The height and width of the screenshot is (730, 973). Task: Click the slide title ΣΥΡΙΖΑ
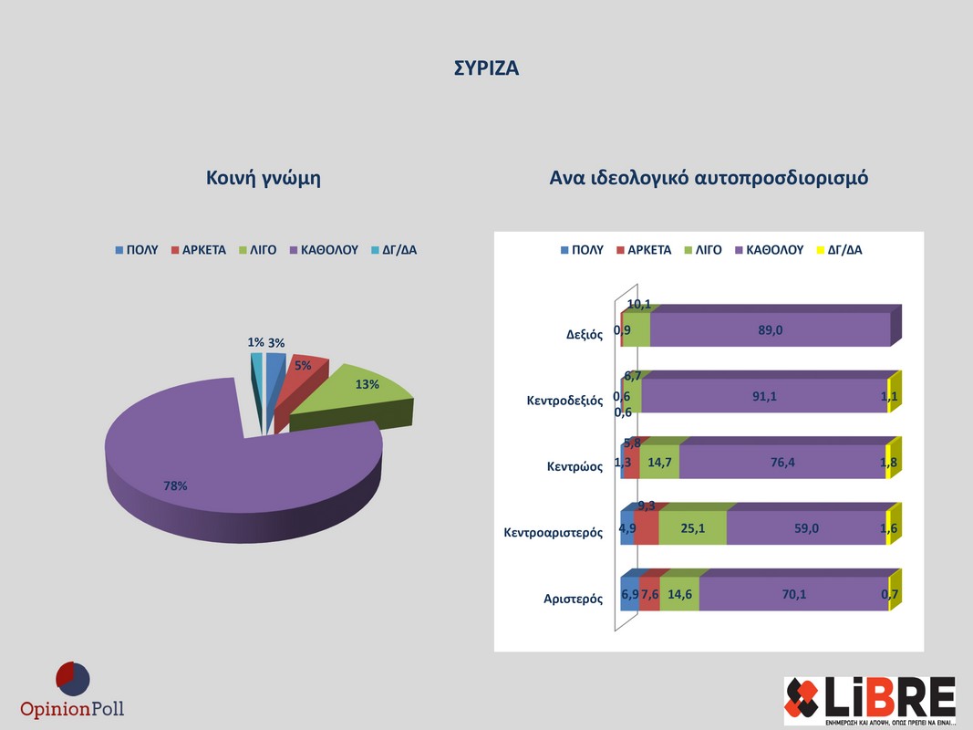(x=486, y=68)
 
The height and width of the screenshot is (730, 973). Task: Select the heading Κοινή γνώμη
(x=263, y=178)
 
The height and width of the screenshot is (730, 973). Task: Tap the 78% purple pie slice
(x=228, y=465)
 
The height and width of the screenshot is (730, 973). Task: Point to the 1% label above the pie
(x=255, y=342)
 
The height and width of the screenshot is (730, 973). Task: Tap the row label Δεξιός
(x=585, y=334)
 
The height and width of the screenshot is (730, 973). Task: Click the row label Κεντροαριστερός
(x=554, y=532)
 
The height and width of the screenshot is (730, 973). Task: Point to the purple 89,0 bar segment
(x=770, y=329)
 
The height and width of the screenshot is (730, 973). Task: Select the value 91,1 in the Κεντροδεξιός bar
(x=764, y=396)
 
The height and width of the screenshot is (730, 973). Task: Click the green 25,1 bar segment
(x=692, y=527)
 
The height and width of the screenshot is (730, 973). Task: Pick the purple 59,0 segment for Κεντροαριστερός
(x=806, y=527)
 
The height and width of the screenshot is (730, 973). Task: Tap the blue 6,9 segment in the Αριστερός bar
(x=629, y=594)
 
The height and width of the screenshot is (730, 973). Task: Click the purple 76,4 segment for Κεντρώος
(x=782, y=462)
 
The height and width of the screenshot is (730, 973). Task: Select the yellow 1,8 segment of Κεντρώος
(x=889, y=462)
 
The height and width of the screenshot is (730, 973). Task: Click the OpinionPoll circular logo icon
(x=73, y=679)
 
